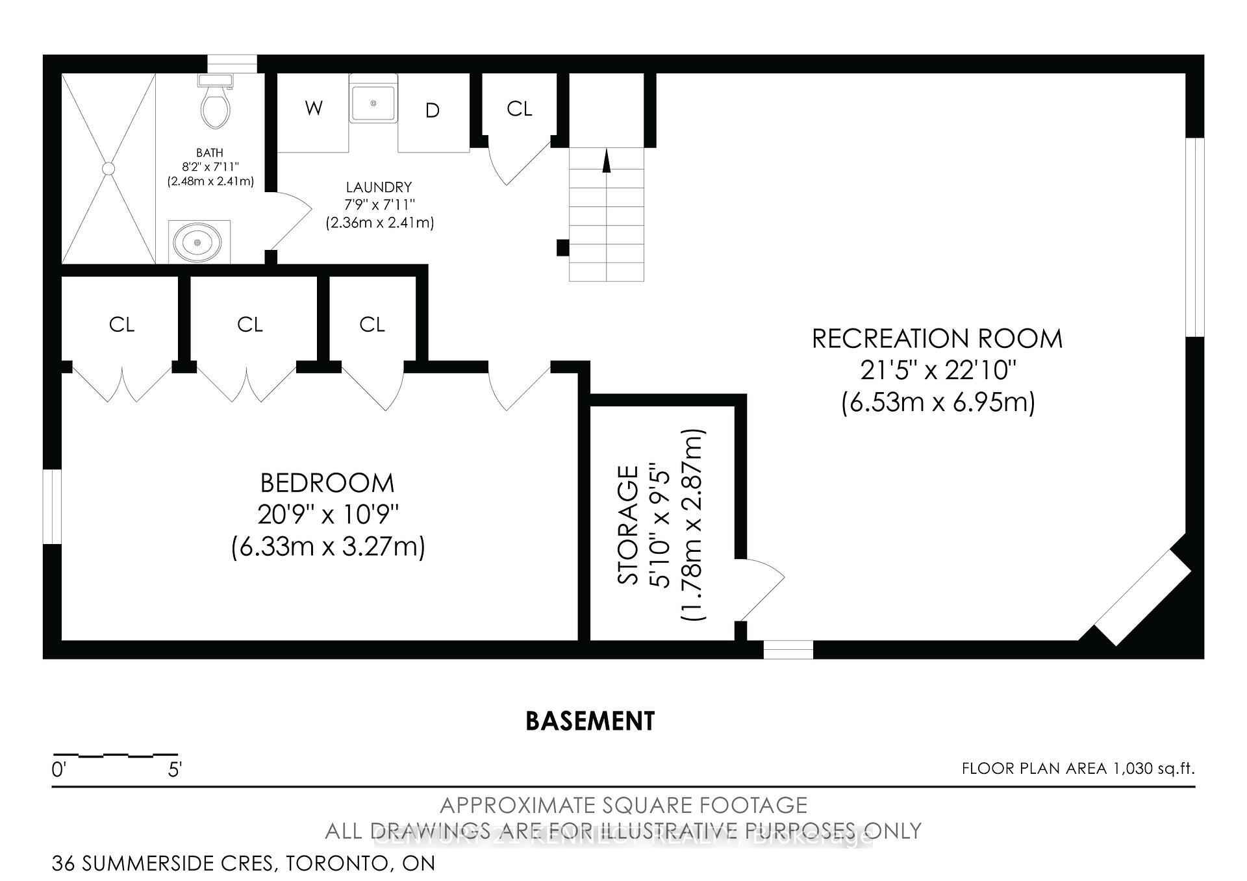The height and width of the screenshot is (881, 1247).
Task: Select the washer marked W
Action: pyautogui.click(x=314, y=108)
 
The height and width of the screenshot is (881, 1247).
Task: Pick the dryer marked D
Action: pyautogui.click(x=433, y=112)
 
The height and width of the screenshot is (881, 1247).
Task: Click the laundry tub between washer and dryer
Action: pyautogui.click(x=373, y=100)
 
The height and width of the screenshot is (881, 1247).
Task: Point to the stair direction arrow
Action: pyautogui.click(x=607, y=161)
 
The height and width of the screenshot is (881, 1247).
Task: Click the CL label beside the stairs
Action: pyautogui.click(x=519, y=109)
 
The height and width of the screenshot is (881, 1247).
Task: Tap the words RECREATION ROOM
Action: pyautogui.click(x=937, y=339)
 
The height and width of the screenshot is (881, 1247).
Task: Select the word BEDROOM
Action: pyautogui.click(x=327, y=483)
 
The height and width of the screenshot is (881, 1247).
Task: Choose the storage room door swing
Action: pyautogui.click(x=761, y=588)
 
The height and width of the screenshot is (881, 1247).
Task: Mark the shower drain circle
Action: pyautogui.click(x=108, y=168)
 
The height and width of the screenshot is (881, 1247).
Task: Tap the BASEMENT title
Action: pyautogui.click(x=590, y=721)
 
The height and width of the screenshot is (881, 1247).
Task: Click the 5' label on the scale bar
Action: pyautogui.click(x=174, y=771)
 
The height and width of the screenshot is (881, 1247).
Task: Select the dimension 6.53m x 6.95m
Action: pyautogui.click(x=937, y=403)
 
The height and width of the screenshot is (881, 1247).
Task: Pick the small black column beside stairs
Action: pyautogui.click(x=562, y=247)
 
